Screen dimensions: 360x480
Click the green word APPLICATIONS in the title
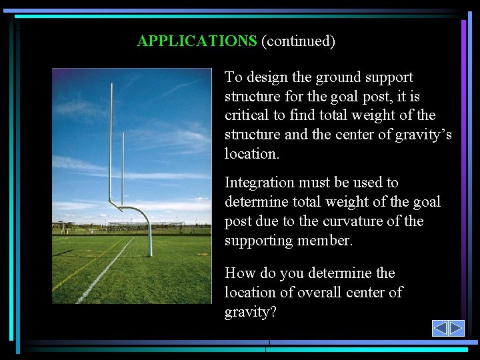click(x=197, y=41)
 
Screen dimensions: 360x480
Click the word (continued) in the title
click(x=298, y=41)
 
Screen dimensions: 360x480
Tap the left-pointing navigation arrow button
click(x=440, y=328)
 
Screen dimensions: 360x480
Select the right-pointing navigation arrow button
click(x=456, y=328)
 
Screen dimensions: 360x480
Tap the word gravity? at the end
click(x=250, y=312)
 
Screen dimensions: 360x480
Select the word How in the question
click(x=239, y=273)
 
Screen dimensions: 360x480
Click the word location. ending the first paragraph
click(x=251, y=154)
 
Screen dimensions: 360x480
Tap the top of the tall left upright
click(x=111, y=85)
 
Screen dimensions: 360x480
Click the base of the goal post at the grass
click(x=150, y=254)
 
